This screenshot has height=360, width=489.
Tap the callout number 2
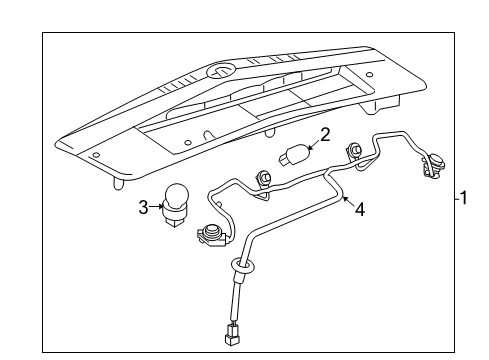tap(325, 134)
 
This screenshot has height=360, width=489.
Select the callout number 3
tap(143, 207)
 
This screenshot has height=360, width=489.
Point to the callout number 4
tap(360, 210)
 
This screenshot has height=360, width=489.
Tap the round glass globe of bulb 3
tap(179, 196)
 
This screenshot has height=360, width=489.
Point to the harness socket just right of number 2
tap(354, 152)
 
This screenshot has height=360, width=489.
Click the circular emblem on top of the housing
tap(219, 71)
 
